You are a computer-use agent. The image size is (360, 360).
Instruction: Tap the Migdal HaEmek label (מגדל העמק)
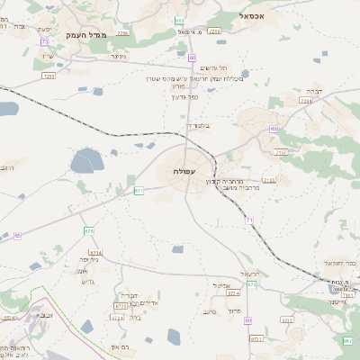point(87,35)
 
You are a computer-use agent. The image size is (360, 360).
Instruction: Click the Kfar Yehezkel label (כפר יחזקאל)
point(337,264)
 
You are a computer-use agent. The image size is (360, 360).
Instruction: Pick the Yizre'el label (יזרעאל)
point(249,274)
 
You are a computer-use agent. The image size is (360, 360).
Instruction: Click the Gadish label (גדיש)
point(87,282)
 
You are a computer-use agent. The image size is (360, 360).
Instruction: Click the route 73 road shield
point(45,42)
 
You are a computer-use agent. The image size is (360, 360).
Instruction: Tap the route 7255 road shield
point(49,76)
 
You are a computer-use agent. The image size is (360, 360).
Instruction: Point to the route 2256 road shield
point(123,33)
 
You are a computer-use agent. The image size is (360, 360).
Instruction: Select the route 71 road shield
point(248,220)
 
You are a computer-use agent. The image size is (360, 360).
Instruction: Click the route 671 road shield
point(139,191)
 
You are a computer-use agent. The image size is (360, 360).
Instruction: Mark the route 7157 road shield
point(280,153)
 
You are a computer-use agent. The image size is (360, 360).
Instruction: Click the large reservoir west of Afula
point(87,161)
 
